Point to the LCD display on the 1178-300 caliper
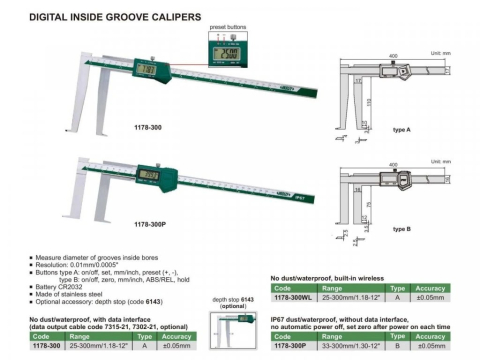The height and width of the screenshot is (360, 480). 147,70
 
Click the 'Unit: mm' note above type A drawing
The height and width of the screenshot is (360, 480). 440,51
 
